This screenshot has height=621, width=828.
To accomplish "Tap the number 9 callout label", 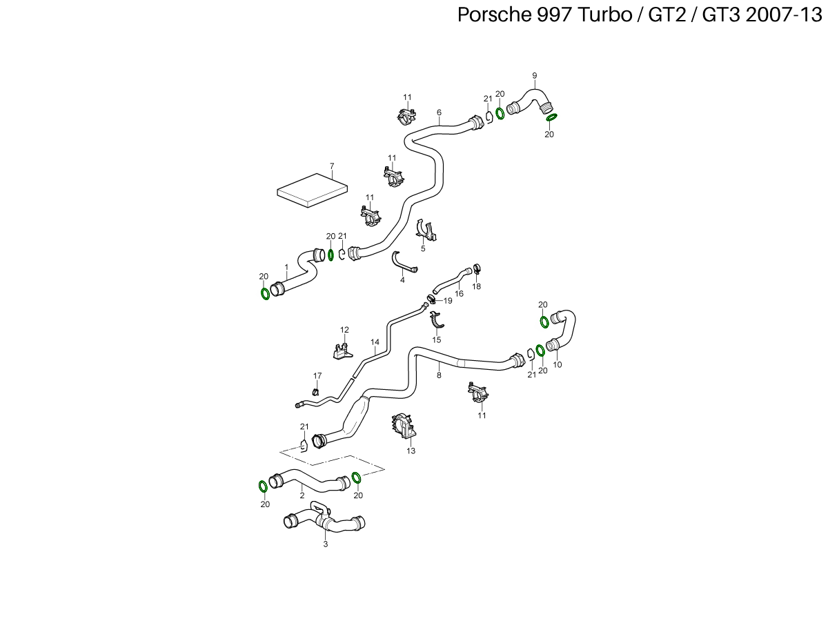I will pos(534,75).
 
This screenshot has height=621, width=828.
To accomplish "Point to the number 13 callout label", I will pos(411,451).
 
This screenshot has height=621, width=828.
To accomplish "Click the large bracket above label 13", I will pos(404,426).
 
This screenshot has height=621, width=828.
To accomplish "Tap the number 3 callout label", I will pos(326,544).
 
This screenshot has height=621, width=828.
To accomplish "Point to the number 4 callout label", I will pos(402,280).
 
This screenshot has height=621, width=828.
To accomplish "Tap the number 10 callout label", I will pos(558,364).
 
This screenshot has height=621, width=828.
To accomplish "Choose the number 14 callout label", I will pos(375,342).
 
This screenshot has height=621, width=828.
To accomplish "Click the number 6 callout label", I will pos(439,112).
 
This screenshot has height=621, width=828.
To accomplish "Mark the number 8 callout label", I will pos(439,375).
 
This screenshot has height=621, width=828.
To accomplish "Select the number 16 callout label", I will pos(459,294).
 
